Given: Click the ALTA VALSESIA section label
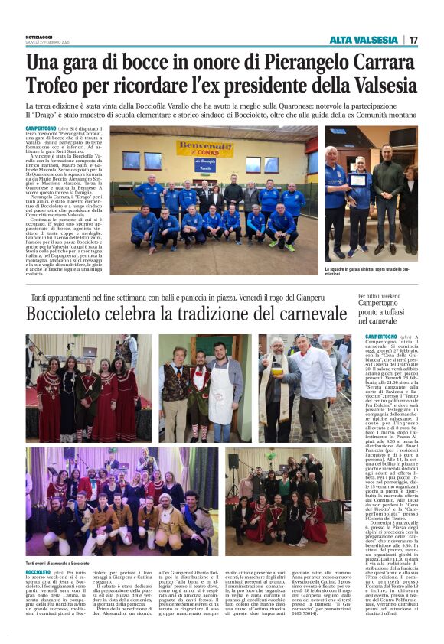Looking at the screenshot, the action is pyautogui.click(x=364, y=40).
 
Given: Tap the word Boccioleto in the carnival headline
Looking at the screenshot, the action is pyautogui.click(x=80, y=314).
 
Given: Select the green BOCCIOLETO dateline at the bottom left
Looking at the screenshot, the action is pyautogui.click(x=43, y=572).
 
